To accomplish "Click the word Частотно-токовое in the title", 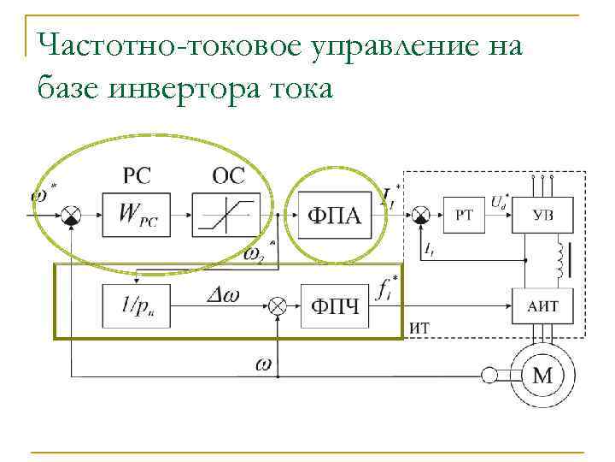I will pyautogui.click(x=167, y=45).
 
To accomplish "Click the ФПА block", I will pyautogui.click(x=333, y=216).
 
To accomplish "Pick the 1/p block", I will pyautogui.click(x=139, y=305).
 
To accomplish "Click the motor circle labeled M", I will pyautogui.click(x=542, y=374).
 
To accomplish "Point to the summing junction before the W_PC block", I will pyautogui.click(x=74, y=215).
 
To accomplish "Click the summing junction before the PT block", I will pyautogui.click(x=419, y=215).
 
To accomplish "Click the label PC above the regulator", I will pyautogui.click(x=138, y=176).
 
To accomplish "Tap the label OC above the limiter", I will pyautogui.click(x=228, y=176).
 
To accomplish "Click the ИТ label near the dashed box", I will pyautogui.click(x=420, y=327).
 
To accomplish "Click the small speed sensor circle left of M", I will pyautogui.click(x=489, y=374).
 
